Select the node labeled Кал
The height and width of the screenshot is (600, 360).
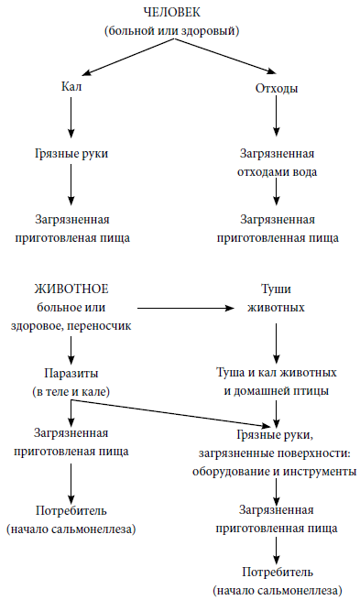(x=71, y=88)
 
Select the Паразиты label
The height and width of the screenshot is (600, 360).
(x=71, y=374)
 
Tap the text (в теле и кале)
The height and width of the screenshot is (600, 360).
(x=71, y=391)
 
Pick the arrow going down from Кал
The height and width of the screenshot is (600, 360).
(x=71, y=117)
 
